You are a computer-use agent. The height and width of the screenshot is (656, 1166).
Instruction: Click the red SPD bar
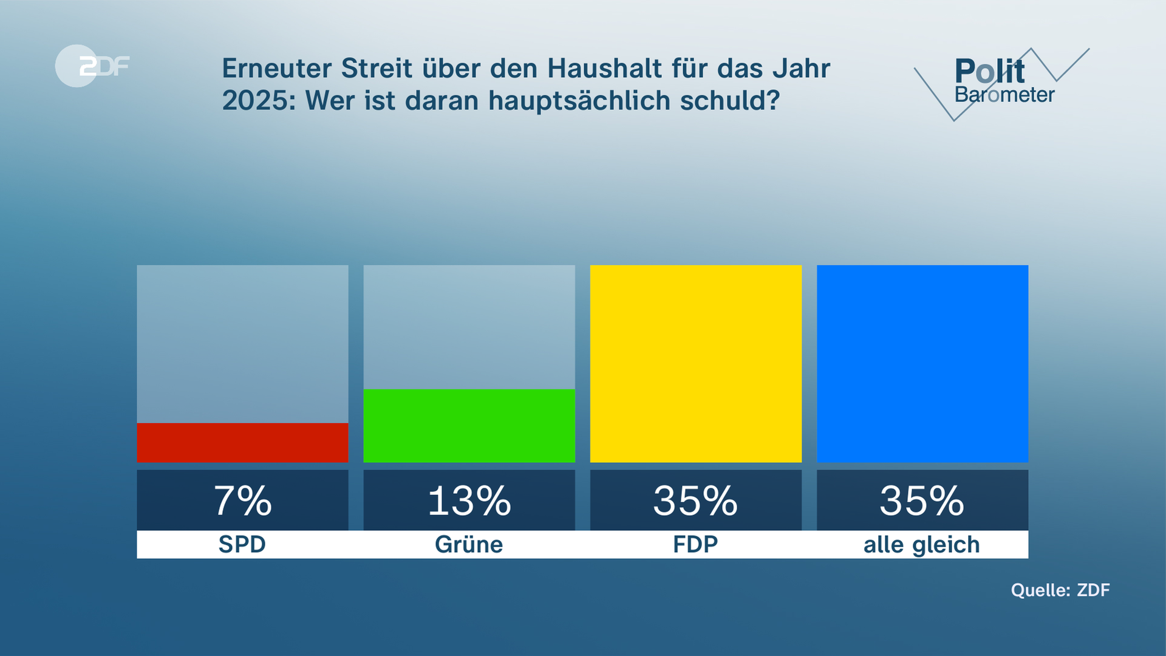coord(242,442)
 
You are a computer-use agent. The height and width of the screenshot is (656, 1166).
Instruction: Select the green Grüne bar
coord(469,425)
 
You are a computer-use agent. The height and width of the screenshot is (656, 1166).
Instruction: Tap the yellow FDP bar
coord(695,363)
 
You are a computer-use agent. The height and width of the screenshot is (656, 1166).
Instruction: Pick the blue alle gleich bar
coord(922,363)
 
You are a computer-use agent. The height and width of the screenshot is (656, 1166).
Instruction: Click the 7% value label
coord(242,501)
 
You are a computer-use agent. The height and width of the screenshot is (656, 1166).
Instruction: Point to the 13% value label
coord(469,501)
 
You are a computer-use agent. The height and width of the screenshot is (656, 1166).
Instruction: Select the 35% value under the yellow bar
coord(695,501)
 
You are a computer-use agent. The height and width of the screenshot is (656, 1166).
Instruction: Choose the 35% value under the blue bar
coord(922,501)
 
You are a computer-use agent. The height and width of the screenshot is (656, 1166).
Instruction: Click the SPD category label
coord(242,544)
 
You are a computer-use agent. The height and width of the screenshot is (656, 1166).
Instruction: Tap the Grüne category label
coord(469,544)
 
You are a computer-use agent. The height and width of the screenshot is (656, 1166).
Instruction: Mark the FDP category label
coord(695,544)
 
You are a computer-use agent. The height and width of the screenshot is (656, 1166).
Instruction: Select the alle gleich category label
coord(922,545)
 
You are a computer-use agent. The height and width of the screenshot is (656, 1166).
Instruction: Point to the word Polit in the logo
coord(989,72)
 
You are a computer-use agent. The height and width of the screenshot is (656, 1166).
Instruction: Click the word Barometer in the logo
coord(1004,95)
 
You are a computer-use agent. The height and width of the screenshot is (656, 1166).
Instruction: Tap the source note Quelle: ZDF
coord(1060,590)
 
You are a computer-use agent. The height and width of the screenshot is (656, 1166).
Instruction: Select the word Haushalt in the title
coord(604,68)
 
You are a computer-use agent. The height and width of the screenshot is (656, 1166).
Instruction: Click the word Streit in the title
coord(377,68)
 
